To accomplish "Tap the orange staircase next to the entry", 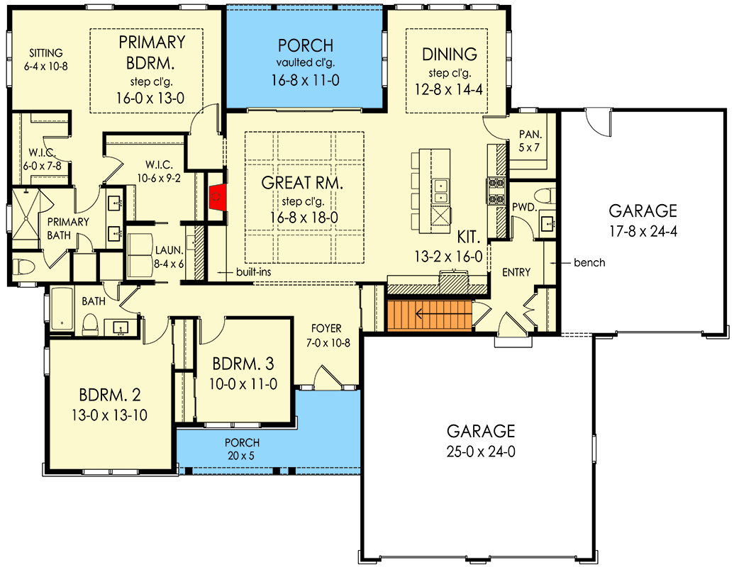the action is click(430, 315).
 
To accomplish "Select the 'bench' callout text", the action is click(589, 263).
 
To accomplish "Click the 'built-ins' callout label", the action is click(253, 271).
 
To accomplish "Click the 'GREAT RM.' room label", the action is click(302, 182).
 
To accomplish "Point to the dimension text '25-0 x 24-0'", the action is click(481, 452).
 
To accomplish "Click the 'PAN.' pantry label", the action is click(530, 134).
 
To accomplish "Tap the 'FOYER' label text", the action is click(326, 328).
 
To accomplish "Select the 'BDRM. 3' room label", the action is click(243, 364).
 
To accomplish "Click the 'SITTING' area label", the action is click(46, 53).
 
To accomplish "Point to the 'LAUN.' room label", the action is click(169, 250).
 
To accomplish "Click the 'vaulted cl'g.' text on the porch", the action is click(305, 62).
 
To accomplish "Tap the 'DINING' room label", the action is click(450, 55).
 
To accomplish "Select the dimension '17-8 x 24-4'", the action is click(643, 232).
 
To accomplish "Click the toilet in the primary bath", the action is click(24, 266).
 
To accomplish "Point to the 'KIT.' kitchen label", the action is click(469, 237).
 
